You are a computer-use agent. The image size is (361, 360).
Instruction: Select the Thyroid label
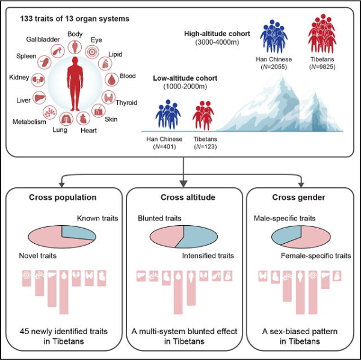click(x=126, y=102)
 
